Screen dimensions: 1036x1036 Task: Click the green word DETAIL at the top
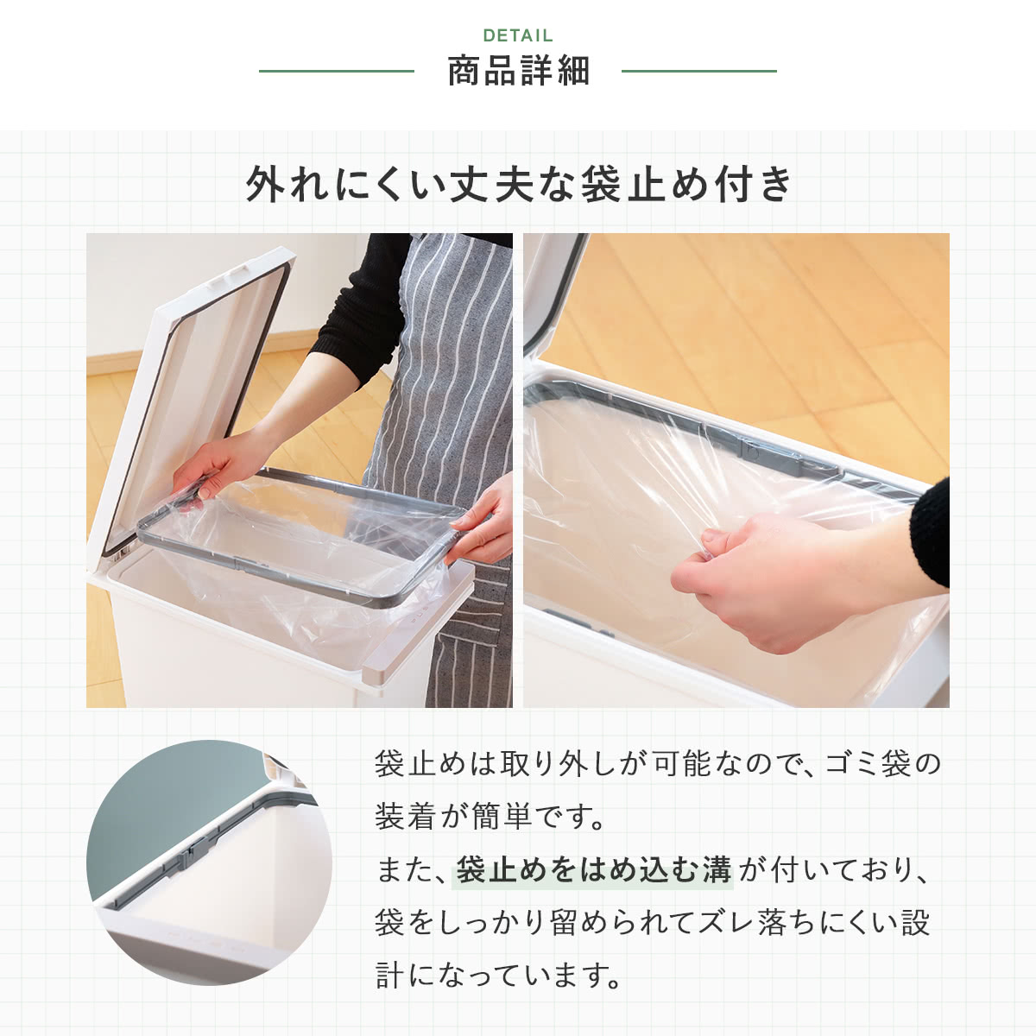click(518, 35)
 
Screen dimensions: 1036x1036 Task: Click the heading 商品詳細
click(519, 71)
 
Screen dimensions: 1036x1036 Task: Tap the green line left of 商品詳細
click(337, 71)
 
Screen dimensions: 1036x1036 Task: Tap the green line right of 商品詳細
click(699, 71)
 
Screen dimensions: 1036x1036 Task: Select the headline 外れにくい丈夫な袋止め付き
click(518, 185)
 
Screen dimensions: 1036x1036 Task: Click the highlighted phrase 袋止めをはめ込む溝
click(593, 869)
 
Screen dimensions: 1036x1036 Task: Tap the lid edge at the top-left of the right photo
click(553, 290)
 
